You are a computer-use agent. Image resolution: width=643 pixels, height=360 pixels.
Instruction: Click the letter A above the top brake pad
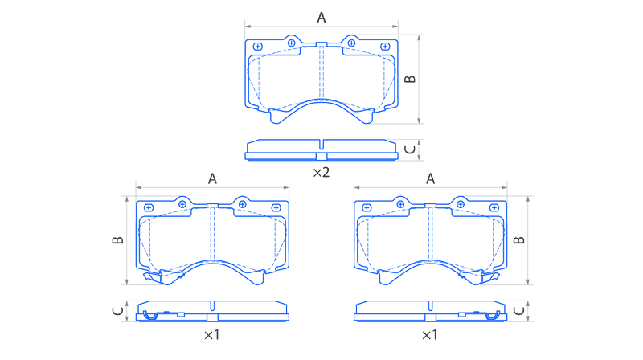[321, 18]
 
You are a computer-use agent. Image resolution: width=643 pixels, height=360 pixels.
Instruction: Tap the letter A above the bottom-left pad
[212, 178]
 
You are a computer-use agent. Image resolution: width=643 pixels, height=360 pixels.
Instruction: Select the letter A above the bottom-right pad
[430, 178]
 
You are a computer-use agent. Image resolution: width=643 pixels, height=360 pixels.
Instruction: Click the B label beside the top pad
[410, 79]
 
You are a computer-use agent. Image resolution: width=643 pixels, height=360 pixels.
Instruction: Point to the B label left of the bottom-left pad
[117, 240]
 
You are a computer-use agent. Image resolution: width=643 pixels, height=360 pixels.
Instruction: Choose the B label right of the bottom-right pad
[518, 240]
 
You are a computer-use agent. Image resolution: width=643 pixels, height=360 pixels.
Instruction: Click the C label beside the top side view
[410, 150]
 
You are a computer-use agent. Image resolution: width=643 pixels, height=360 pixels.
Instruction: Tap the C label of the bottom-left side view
[117, 311]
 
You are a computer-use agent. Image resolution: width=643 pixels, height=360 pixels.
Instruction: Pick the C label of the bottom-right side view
[518, 311]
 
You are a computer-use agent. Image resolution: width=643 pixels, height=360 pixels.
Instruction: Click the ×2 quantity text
[321, 173]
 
